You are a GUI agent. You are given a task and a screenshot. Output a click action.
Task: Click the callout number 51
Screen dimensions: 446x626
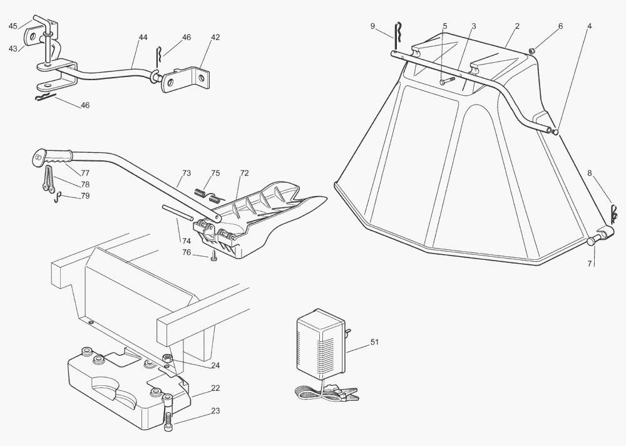pos(375,342)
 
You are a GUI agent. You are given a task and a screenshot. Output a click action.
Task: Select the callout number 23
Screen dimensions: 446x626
pos(215,412)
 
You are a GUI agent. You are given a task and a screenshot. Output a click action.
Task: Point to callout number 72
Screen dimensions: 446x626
pos(244,172)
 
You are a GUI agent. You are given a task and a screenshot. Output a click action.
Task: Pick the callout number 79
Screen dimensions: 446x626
pos(85,196)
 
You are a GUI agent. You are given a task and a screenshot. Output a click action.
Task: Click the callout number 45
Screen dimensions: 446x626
pos(13,26)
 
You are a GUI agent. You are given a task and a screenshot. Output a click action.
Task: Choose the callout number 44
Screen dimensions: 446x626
pos(143,38)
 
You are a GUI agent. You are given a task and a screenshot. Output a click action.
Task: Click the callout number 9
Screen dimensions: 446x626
pos(372,26)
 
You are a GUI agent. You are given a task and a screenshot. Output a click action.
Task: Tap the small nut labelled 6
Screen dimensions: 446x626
pos(531,51)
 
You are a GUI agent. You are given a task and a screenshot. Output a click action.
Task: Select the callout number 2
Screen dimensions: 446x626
pos(517,26)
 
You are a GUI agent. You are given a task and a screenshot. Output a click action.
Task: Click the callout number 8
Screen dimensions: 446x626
pos(589,172)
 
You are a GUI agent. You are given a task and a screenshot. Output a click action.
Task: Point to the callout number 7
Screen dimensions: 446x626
pos(589,263)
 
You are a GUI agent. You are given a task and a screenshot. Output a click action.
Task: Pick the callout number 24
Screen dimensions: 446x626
pos(215,365)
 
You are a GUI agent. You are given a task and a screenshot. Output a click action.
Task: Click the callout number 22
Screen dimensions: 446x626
pos(215,388)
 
